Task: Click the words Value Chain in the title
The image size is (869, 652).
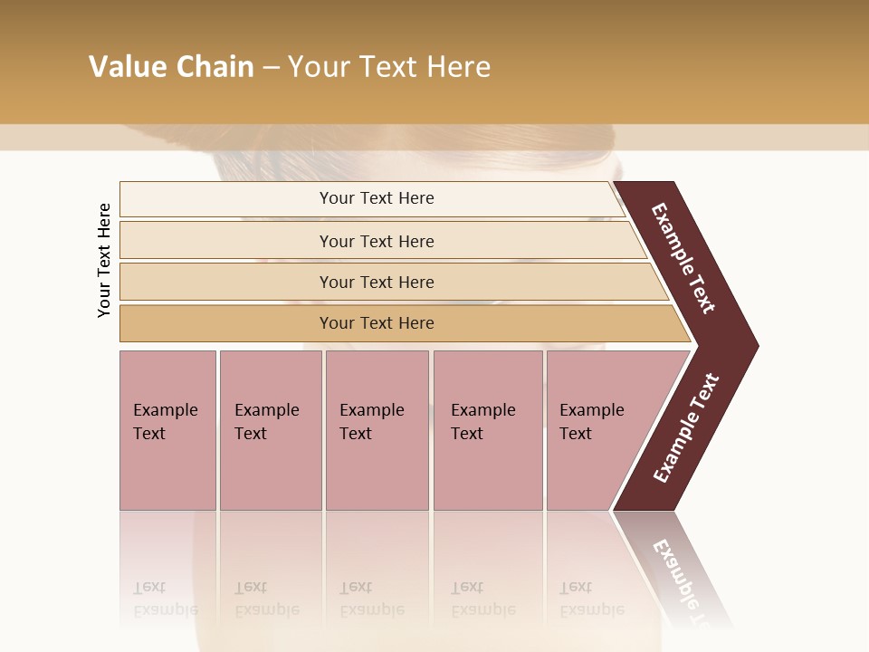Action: pyautogui.click(x=171, y=67)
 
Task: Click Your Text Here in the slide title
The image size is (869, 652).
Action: pyautogui.click(x=389, y=67)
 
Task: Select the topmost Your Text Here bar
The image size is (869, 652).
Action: pyautogui.click(x=377, y=198)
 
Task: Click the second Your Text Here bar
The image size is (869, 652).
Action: pyautogui.click(x=377, y=241)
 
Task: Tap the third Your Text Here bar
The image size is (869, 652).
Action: pyautogui.click(x=377, y=283)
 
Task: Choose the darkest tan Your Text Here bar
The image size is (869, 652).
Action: pyautogui.click(x=377, y=323)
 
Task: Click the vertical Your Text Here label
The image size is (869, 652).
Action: pyautogui.click(x=104, y=260)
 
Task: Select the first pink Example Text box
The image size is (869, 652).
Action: pyautogui.click(x=167, y=430)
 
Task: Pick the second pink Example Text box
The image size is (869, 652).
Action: pyautogui.click(x=270, y=430)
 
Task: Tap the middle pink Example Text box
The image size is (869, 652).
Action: pyautogui.click(x=377, y=430)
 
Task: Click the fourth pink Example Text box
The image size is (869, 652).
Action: pyautogui.click(x=487, y=430)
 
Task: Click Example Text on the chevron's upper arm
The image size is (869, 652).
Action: pyautogui.click(x=683, y=258)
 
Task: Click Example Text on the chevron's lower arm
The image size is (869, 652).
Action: pyautogui.click(x=686, y=427)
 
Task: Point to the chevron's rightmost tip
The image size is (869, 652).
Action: pyautogui.click(x=756, y=345)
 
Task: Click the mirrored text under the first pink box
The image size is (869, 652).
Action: pyautogui.click(x=165, y=599)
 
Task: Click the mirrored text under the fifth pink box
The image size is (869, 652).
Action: pyautogui.click(x=591, y=599)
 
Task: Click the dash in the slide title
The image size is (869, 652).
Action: pyautogui.click(x=271, y=68)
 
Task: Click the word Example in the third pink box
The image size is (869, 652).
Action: pyautogui.click(x=371, y=410)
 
